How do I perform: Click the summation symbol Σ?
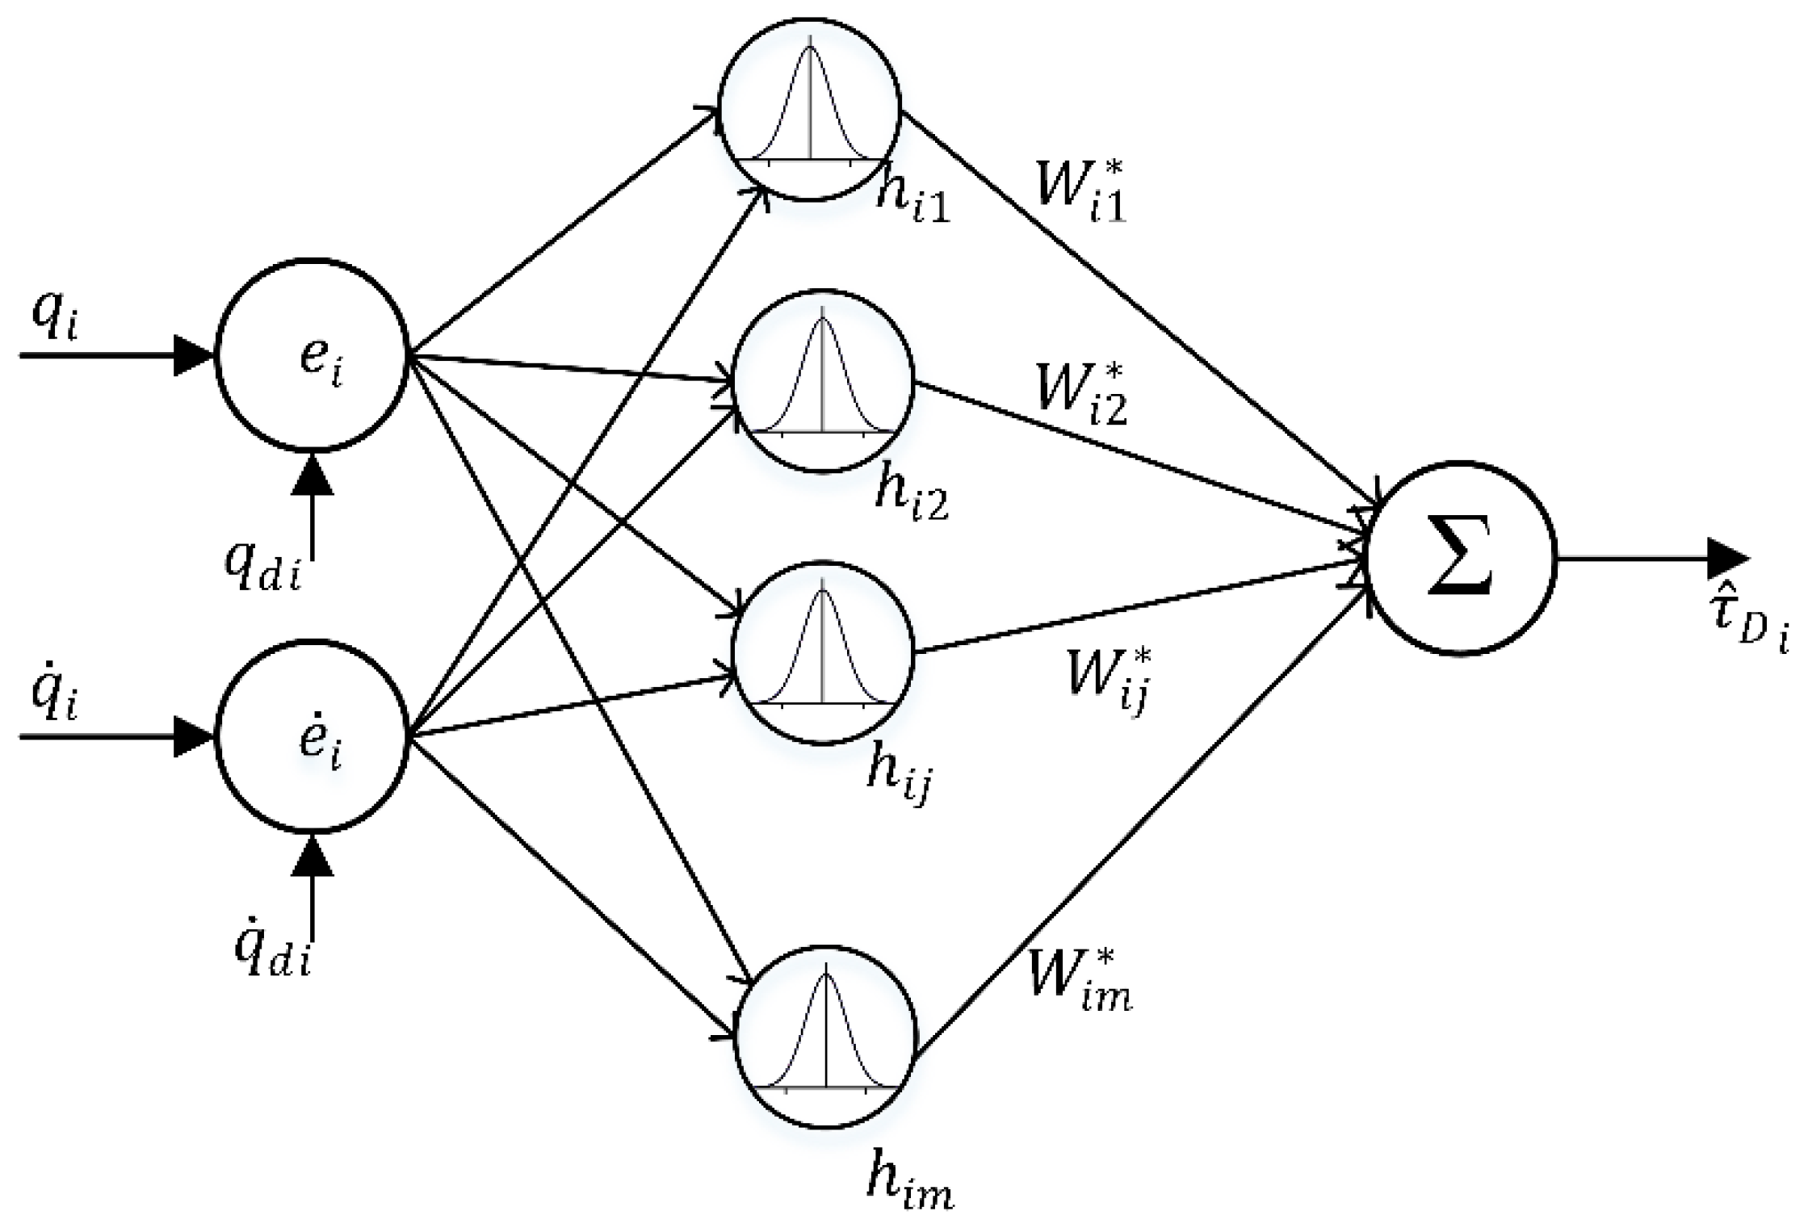(x=1460, y=559)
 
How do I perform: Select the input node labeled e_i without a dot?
(x=312, y=355)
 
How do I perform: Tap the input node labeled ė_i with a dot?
(x=312, y=736)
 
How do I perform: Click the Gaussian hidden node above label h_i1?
(x=810, y=110)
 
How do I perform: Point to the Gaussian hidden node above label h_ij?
(x=822, y=652)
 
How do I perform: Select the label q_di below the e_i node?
(x=262, y=565)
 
